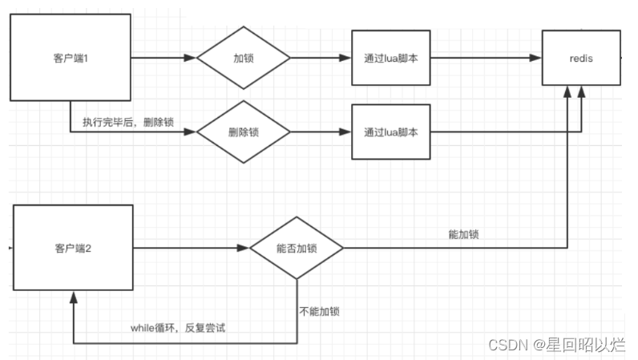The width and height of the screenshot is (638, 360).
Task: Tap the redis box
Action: tap(581, 58)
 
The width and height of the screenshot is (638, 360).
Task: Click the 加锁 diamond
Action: tap(244, 59)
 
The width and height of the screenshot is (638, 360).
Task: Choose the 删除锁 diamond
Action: tap(244, 132)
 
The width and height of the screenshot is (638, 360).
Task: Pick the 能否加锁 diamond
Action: tap(297, 249)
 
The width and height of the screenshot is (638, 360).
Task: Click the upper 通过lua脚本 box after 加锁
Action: tap(390, 59)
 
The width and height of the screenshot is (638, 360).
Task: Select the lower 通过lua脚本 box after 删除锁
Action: tap(390, 132)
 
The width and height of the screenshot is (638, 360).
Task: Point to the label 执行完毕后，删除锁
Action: tap(128, 123)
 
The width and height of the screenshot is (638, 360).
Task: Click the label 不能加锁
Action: tap(319, 309)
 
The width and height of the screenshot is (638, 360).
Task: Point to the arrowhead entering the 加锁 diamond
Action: tap(191, 59)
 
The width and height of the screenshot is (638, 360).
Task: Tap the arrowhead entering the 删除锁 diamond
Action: tap(191, 132)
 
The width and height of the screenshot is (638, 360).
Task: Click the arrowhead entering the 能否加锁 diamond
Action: tap(244, 249)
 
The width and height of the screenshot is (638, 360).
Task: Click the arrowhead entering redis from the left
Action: tap(536, 59)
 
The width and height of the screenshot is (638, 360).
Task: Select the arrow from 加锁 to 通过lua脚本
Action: tap(321, 59)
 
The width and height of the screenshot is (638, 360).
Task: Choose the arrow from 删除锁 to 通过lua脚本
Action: tap(321, 132)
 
